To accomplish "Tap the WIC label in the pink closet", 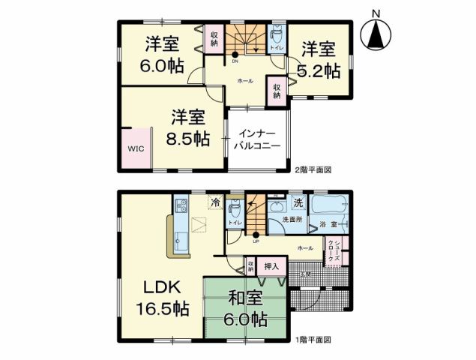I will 135,148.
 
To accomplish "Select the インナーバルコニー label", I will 259,139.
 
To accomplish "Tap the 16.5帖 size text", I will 162,307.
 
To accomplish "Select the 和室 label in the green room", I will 245,298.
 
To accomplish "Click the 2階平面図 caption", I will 313,170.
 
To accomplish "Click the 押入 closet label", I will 271,265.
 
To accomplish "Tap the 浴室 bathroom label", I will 327,225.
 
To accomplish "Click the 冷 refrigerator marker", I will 216,202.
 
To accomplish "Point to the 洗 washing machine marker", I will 297,202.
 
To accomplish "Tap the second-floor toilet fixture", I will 277,34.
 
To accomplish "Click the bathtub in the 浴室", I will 328,205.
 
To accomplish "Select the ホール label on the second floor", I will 244,80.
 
